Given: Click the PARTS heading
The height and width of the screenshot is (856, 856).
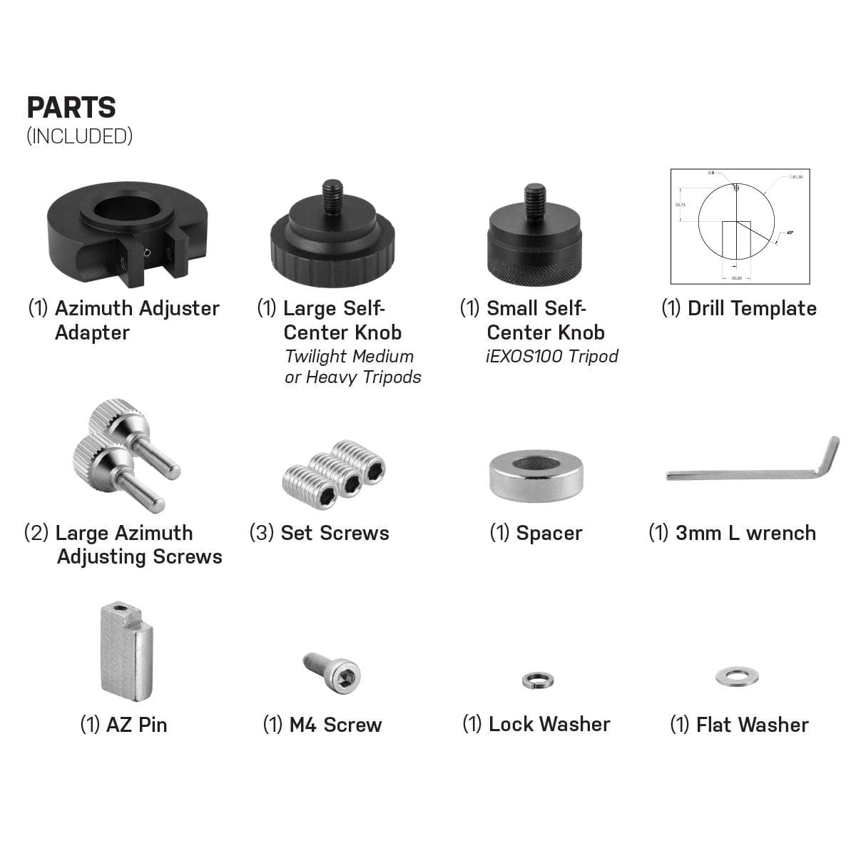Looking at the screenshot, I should point(71,108).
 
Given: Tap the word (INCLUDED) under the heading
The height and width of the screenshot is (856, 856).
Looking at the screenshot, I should point(79,136).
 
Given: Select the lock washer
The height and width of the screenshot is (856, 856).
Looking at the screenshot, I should point(537,681).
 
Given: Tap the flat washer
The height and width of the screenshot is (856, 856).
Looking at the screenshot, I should point(737,676).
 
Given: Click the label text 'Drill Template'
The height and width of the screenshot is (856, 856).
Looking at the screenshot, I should point(752,309).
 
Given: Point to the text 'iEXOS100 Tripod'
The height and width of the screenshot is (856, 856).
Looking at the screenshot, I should point(552,356).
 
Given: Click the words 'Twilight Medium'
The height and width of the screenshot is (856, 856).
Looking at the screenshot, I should point(349,356).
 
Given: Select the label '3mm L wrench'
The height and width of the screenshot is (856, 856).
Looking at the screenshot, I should point(745,533).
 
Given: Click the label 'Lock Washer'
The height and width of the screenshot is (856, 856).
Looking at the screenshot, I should point(549,725).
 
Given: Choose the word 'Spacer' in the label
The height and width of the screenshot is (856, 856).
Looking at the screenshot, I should point(549,533).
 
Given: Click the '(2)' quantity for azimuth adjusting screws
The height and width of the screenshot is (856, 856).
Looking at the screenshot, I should point(36,533).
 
